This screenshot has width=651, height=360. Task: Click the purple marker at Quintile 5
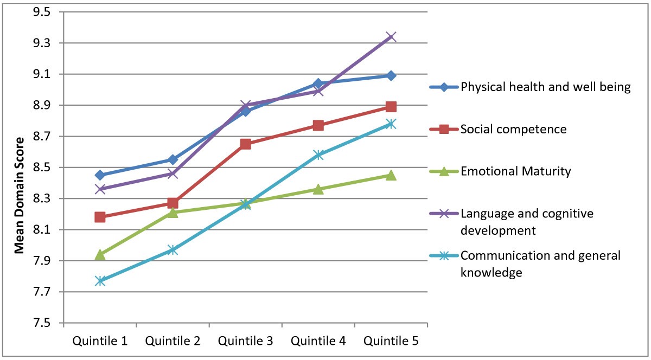tap(391, 36)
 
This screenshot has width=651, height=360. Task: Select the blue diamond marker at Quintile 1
tap(100, 175)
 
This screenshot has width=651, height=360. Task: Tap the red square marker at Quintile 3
tap(245, 144)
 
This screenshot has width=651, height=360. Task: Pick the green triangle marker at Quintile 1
tap(100, 254)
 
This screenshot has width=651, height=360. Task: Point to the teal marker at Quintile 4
tap(318, 155)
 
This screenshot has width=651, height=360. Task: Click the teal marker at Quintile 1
tap(100, 281)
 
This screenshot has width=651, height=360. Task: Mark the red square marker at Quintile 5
tap(391, 106)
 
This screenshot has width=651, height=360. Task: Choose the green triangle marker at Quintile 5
tap(391, 175)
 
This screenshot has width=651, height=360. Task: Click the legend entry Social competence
tap(513, 129)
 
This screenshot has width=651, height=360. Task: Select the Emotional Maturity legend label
tap(515, 172)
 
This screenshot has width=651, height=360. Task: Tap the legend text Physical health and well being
tap(545, 87)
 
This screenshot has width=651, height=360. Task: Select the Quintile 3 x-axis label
tap(245, 341)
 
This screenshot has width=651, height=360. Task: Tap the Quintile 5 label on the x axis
tap(391, 341)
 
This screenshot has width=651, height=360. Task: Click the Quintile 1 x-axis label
tap(100, 341)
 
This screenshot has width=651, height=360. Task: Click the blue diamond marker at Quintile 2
tap(173, 159)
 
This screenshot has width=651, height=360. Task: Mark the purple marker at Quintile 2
tap(173, 173)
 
